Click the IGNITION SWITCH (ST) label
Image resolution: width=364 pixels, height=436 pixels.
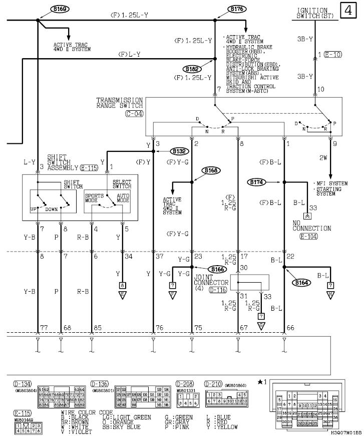pos(313,13)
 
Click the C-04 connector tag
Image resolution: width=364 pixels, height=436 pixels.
pos(134,114)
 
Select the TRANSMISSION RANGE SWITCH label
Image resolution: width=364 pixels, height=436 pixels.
pos(120,103)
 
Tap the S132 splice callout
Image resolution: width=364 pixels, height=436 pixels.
pos(179,150)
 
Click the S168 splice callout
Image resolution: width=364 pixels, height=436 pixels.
pos(211,171)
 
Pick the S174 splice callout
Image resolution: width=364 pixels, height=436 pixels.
pos(258,182)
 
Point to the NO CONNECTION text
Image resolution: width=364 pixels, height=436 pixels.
pos(311,225)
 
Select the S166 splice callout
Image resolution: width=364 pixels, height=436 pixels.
pos(216,269)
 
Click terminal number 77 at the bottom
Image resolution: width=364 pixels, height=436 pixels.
pos(45,328)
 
